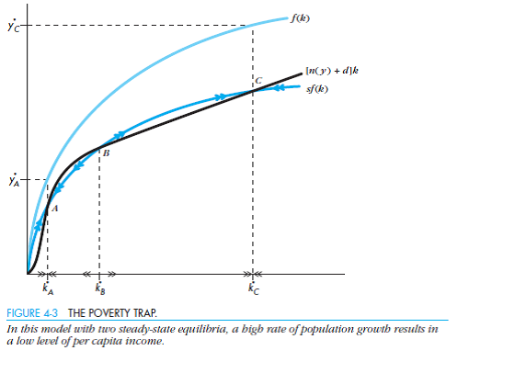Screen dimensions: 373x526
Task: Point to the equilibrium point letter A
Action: pos(54,209)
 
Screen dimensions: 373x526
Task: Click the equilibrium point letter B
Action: pos(105,153)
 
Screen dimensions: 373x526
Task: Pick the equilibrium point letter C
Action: pos(258,81)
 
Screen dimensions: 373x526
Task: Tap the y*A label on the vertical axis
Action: pos(11,180)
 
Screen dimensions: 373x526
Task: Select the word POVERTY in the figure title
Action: pos(110,314)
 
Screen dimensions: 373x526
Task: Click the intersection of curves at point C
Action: pos(252,89)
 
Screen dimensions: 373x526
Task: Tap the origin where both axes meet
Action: pos(28,274)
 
